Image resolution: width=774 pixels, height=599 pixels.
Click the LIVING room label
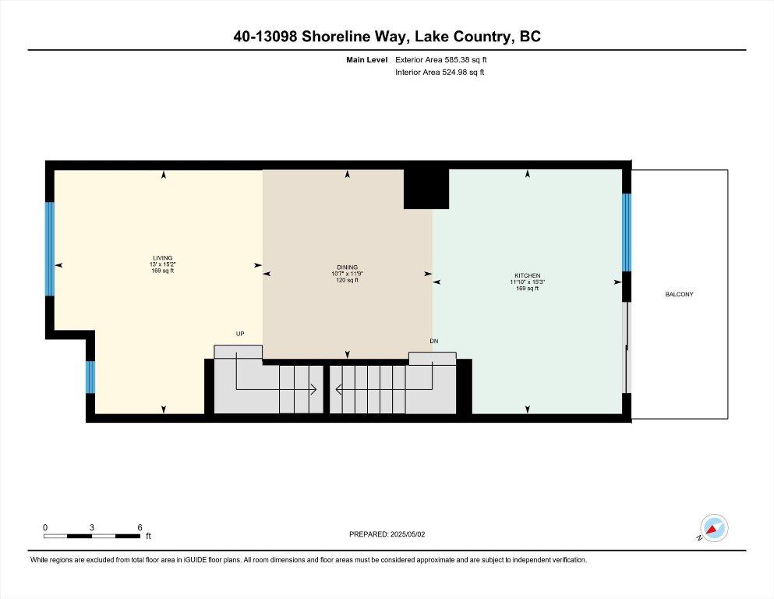162,257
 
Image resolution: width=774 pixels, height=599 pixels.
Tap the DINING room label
347,268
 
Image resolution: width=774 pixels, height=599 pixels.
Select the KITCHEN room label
527,275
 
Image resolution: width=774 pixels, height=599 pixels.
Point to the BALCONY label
679,294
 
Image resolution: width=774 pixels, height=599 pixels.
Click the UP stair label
240,334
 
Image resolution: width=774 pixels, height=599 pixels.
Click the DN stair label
434,342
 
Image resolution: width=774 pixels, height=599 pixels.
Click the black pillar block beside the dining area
426,189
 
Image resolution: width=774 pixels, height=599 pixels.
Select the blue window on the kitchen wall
627,232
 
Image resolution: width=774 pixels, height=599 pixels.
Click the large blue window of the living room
49,249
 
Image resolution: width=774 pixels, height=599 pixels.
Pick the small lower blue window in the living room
90,377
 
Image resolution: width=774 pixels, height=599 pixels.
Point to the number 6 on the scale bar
140,527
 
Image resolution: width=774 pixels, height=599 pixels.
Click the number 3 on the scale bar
92,527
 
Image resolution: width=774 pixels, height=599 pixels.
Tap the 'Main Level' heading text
367,60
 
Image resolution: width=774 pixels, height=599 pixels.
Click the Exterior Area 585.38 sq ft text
441,60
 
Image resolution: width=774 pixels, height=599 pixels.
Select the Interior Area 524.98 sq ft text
440,72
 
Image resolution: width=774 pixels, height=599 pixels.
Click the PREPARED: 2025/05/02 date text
387,534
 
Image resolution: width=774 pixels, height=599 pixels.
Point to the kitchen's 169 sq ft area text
527,289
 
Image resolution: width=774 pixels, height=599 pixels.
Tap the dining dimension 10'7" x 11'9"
347,274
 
